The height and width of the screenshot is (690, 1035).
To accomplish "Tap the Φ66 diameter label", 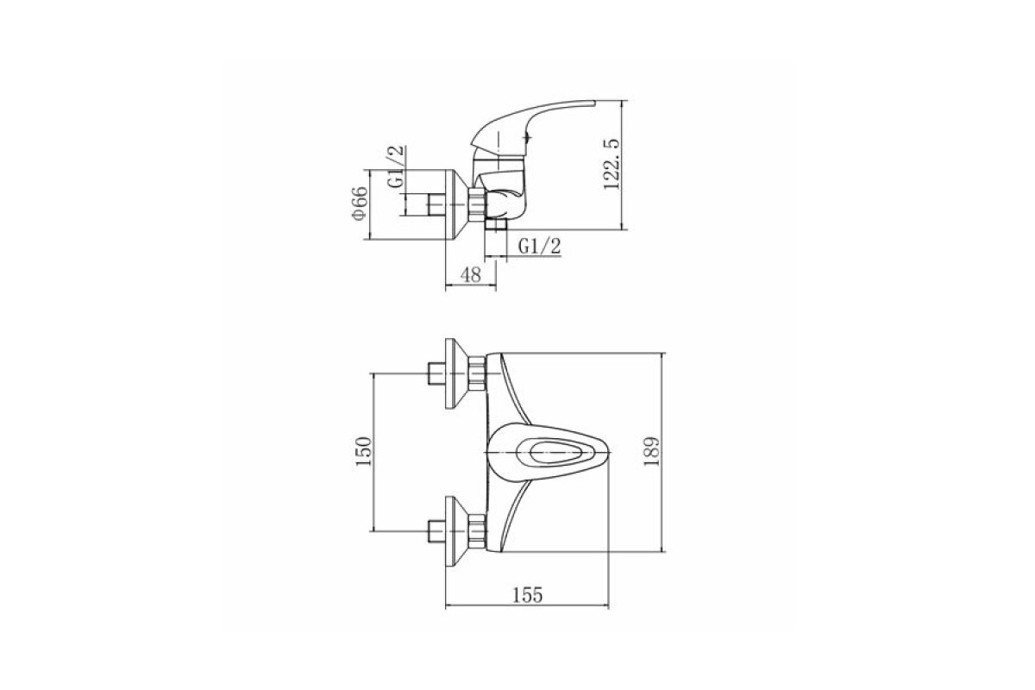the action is click(360, 204).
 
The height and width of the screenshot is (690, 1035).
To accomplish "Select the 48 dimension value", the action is click(471, 275).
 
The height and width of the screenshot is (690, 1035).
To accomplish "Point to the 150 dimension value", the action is click(364, 452).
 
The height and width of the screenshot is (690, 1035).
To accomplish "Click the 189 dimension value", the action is click(651, 452).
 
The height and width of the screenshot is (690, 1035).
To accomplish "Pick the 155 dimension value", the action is click(528, 595).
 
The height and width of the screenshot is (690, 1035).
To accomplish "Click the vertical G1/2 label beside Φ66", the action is click(396, 166).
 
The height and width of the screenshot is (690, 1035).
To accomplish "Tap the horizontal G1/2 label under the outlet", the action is click(539, 247).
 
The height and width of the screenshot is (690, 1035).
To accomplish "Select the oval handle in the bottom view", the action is click(547, 453).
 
